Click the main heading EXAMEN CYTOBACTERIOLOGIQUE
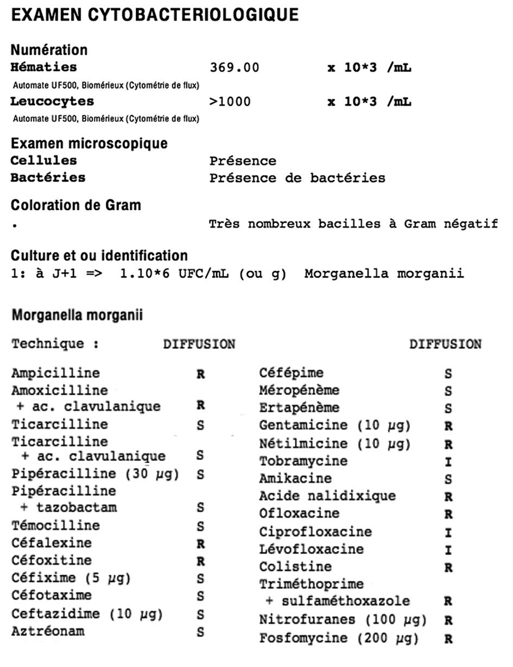(155, 15)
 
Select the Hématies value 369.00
(235, 68)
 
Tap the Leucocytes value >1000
(230, 102)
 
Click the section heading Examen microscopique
(89, 143)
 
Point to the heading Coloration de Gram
(76, 205)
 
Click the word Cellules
(44, 161)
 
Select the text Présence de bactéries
(297, 178)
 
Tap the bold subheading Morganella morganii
(77, 315)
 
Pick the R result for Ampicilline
(200, 374)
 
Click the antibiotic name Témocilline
(55, 525)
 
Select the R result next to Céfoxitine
(200, 561)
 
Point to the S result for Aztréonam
(200, 632)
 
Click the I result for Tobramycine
(448, 462)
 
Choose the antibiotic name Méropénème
(299, 390)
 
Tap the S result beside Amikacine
(448, 480)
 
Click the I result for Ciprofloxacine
(448, 533)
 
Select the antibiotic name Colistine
(295, 567)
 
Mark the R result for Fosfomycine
(448, 639)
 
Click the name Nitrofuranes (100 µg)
(343, 620)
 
